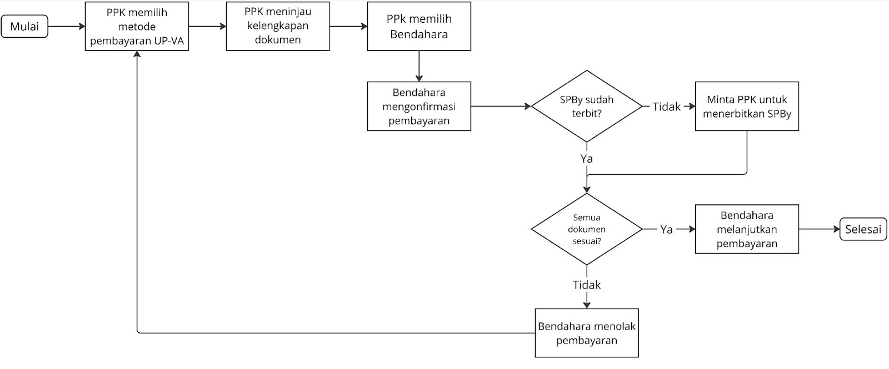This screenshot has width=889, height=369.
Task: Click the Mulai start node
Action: point(24,27)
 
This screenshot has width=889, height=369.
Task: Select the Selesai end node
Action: point(863,229)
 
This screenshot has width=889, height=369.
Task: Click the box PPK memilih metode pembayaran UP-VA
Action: point(137,27)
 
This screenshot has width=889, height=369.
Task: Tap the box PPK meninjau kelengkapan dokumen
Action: point(277,26)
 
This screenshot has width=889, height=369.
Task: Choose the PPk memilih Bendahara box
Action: point(419,27)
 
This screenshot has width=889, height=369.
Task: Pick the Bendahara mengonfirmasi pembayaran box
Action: point(419,107)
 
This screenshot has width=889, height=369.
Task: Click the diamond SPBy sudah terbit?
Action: point(586,106)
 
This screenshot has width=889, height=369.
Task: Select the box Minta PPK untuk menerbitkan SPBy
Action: point(747,107)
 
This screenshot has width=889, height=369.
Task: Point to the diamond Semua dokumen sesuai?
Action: point(586,229)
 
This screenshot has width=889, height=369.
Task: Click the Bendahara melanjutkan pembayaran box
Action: point(747,229)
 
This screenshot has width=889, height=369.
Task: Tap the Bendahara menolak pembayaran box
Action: point(586,333)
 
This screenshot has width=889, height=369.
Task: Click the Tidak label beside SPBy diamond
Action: point(666,107)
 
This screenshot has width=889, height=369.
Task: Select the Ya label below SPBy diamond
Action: point(586,159)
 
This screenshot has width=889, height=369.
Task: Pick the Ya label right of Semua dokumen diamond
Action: point(666,229)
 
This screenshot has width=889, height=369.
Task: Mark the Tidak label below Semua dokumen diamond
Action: point(586,285)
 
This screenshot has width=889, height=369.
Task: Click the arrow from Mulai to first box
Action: point(66,26)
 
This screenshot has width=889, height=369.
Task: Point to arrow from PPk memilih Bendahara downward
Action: point(419,66)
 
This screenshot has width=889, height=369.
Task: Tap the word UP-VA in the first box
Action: point(170,41)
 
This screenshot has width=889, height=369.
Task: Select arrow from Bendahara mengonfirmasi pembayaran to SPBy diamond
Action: point(500,106)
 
